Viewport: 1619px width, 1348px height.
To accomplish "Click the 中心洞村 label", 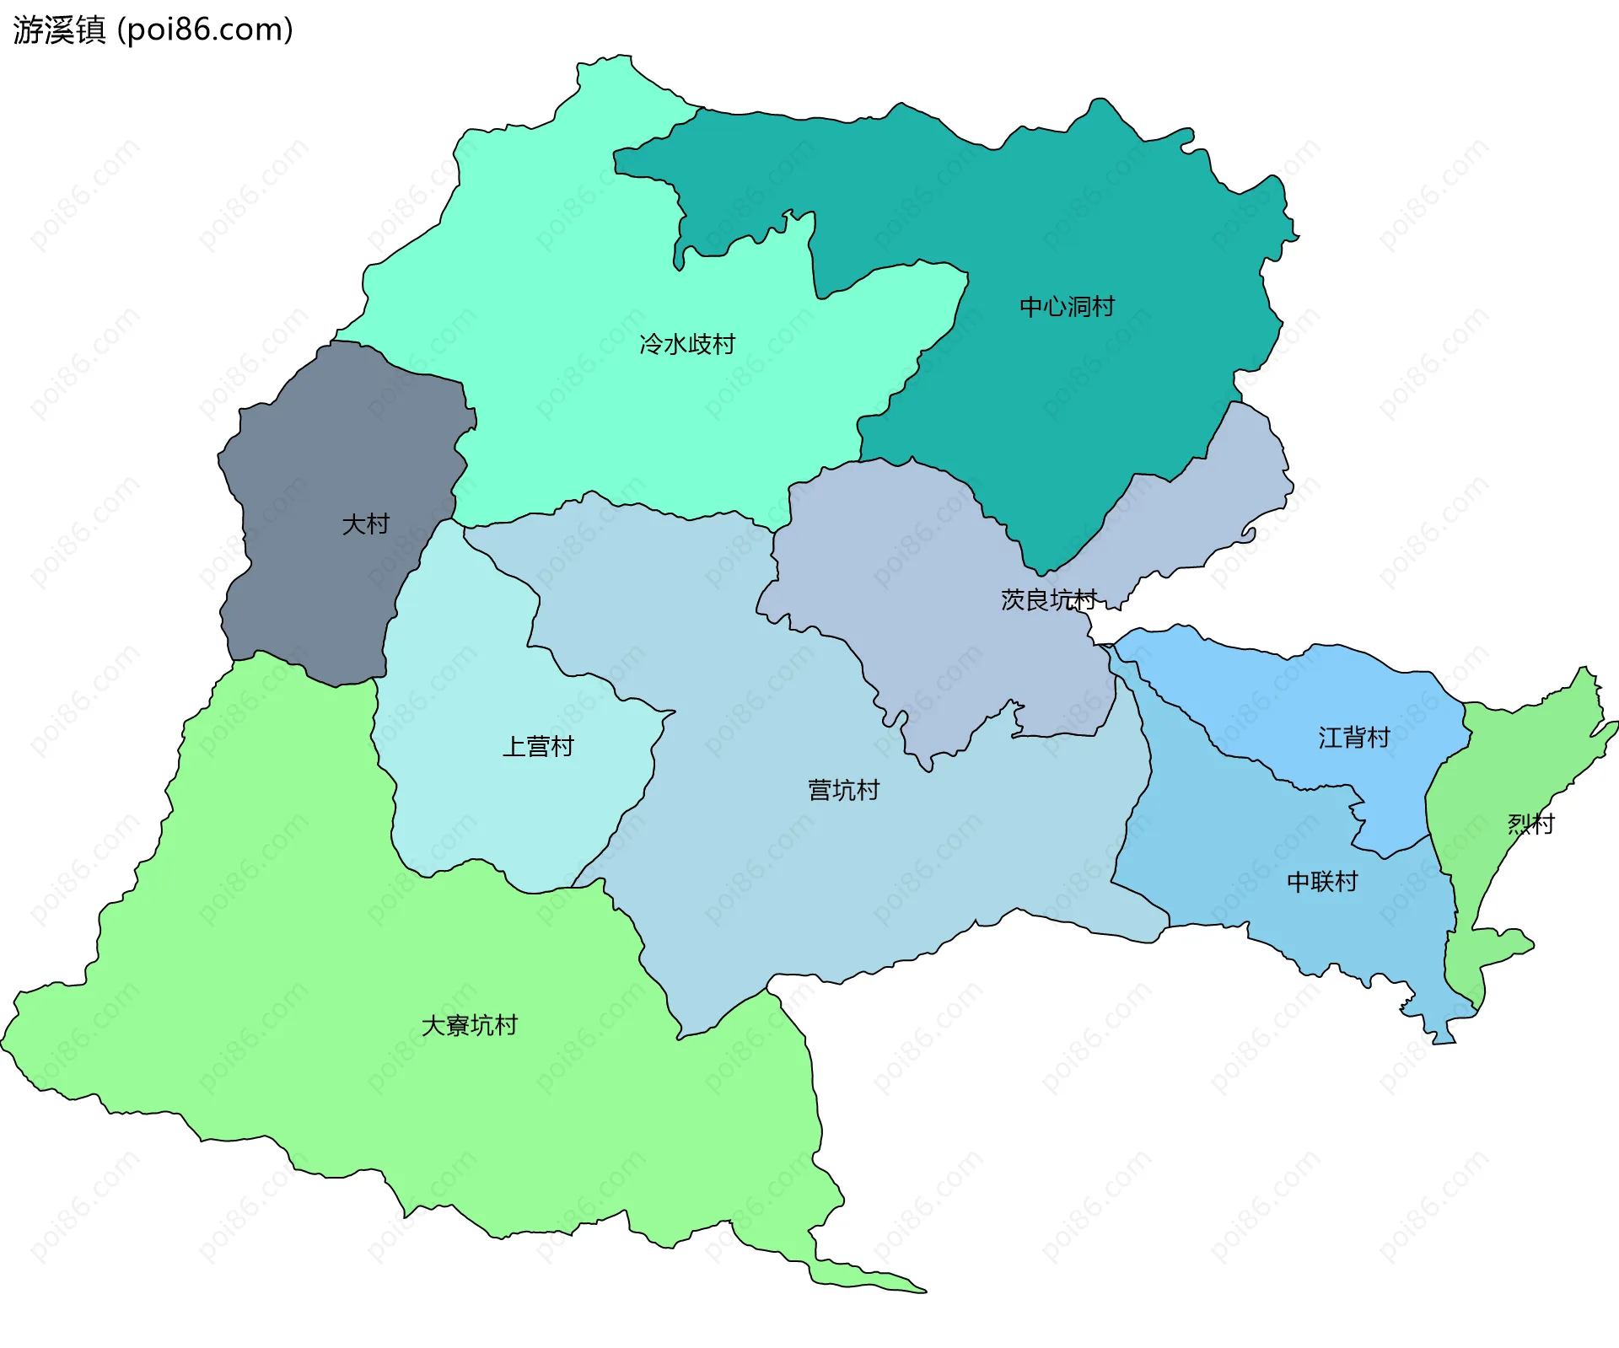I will pos(1067,307).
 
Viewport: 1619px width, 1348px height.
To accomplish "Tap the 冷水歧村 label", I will pos(687,344).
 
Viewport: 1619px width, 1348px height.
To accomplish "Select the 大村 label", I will pos(365,524).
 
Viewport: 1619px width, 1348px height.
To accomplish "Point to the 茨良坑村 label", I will pos(1048,599).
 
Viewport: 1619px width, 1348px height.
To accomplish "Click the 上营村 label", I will pos(538,747).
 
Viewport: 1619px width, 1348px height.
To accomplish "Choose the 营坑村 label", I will pos(843,790).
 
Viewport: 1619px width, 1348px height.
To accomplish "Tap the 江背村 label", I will pos(1353,738).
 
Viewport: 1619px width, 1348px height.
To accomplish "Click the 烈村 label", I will pos(1530,824).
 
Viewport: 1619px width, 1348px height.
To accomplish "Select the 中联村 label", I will pos(1321,882).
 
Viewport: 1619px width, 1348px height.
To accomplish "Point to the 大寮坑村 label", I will pos(469,1025).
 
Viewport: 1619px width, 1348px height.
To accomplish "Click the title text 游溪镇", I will pos(59,30).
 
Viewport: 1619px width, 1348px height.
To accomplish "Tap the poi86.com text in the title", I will pos(205,30).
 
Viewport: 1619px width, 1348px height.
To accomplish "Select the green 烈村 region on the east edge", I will pos(1509,759).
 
